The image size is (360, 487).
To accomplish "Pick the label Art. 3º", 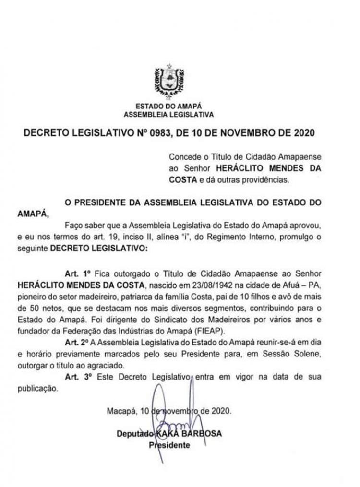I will click(78, 377).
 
